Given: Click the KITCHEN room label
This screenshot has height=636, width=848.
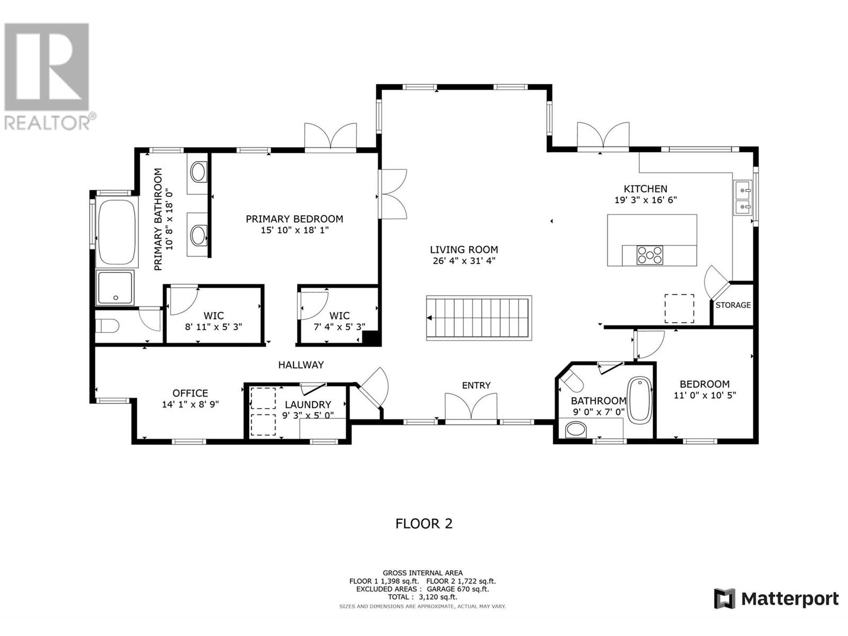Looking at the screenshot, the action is (x=645, y=189).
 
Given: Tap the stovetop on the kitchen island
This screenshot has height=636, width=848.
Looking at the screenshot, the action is (x=649, y=255).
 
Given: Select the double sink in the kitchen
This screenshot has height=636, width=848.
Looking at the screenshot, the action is (x=742, y=197).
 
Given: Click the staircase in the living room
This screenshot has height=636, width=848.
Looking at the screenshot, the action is (x=479, y=318).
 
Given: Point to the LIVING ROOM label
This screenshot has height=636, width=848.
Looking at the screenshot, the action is (x=464, y=250).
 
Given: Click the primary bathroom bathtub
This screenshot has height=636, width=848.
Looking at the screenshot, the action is (x=117, y=232).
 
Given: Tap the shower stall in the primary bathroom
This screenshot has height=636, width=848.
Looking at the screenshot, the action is (x=115, y=288).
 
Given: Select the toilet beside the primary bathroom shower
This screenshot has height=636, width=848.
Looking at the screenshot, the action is (x=107, y=325).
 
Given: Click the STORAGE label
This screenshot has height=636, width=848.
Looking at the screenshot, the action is (x=733, y=305).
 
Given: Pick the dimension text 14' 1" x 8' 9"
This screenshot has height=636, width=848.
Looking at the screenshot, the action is (x=190, y=404).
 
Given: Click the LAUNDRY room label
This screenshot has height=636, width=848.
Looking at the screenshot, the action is (x=308, y=404).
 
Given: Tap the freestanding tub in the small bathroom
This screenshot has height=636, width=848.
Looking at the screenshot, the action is (x=639, y=399).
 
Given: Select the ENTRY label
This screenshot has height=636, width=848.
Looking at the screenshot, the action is (x=476, y=385).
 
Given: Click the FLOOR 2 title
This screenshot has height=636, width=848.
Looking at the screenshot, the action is (x=424, y=524).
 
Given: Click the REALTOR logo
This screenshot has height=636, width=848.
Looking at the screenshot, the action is (x=48, y=76).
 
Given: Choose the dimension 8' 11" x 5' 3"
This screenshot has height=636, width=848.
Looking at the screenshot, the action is (x=213, y=326).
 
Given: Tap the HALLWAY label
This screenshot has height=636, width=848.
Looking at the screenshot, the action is (x=301, y=365).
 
